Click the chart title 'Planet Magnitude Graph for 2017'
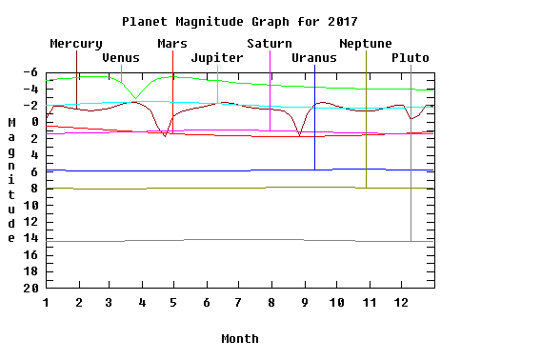tap(240, 22)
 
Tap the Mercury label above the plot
tap(76, 44)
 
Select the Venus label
tap(121, 58)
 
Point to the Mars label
tap(172, 44)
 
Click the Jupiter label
tap(217, 58)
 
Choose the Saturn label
tap(270, 44)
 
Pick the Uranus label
tap(314, 58)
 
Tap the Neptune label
tap(366, 44)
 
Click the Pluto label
tap(411, 58)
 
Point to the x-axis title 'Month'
tap(240, 339)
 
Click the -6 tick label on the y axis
tap(30, 72)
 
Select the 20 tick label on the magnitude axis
tap(30, 288)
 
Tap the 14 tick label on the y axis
tap(30, 238)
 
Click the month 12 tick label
tap(401, 303)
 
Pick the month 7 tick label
tap(238, 303)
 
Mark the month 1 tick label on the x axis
tap(46, 303)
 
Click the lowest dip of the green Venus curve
tap(135, 98)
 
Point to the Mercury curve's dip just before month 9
tap(299, 135)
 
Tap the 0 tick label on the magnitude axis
tap(34, 122)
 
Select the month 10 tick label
tap(337, 303)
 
